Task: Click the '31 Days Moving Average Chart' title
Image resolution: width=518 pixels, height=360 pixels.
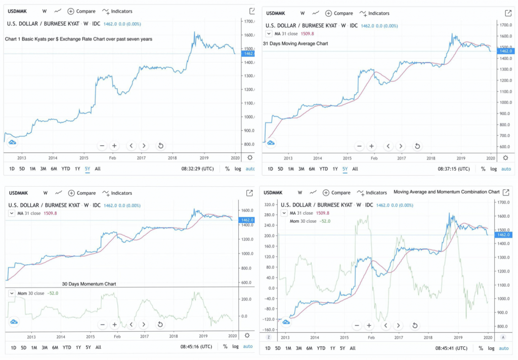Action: point(295,44)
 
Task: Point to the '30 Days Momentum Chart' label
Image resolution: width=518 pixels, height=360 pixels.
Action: point(89,284)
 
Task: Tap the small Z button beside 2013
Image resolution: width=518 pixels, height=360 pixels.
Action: point(268,337)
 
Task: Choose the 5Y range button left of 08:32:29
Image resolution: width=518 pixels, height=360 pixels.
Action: point(88,169)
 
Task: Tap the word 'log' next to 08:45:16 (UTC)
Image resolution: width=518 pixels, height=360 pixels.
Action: point(235,347)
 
